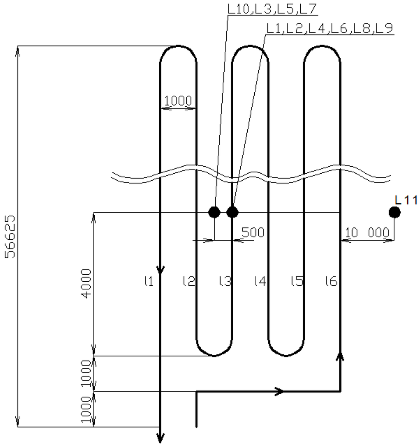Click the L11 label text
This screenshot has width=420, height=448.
(406, 200)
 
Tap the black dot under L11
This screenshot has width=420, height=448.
(395, 212)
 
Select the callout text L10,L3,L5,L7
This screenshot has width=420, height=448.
(272, 9)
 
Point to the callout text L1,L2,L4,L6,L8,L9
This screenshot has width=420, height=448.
(330, 28)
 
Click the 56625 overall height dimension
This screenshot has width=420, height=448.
(11, 236)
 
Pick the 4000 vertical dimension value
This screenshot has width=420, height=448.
(86, 283)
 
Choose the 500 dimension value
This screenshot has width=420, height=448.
(253, 233)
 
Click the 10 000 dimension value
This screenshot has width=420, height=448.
(367, 233)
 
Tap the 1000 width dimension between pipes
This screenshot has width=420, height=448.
(178, 101)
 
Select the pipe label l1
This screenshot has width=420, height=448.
(149, 281)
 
